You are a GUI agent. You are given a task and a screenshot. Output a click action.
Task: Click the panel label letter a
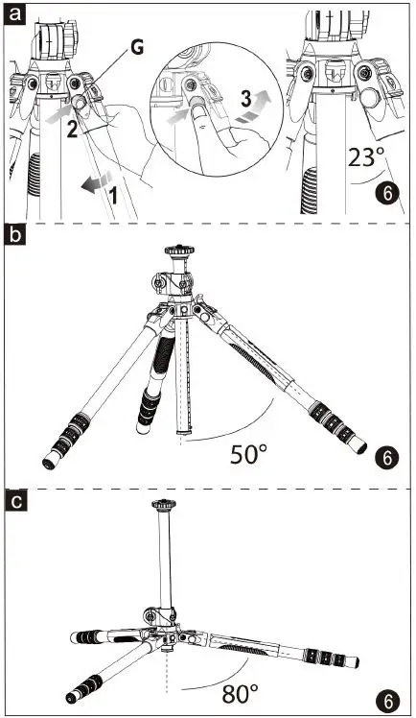click(x=14, y=13)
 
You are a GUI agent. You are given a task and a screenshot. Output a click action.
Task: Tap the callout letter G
click(x=138, y=46)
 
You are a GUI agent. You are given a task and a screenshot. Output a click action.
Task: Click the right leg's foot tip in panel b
click(x=361, y=445)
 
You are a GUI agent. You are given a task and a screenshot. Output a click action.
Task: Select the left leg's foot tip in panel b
click(x=48, y=464)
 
